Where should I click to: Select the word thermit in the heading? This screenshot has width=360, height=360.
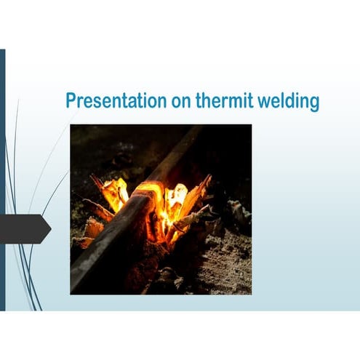pos(220,101)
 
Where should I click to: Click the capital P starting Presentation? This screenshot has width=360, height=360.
pos(71,101)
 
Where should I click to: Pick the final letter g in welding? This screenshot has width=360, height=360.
pos(314,103)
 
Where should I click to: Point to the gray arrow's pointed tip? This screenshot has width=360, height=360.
pos(49,229)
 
